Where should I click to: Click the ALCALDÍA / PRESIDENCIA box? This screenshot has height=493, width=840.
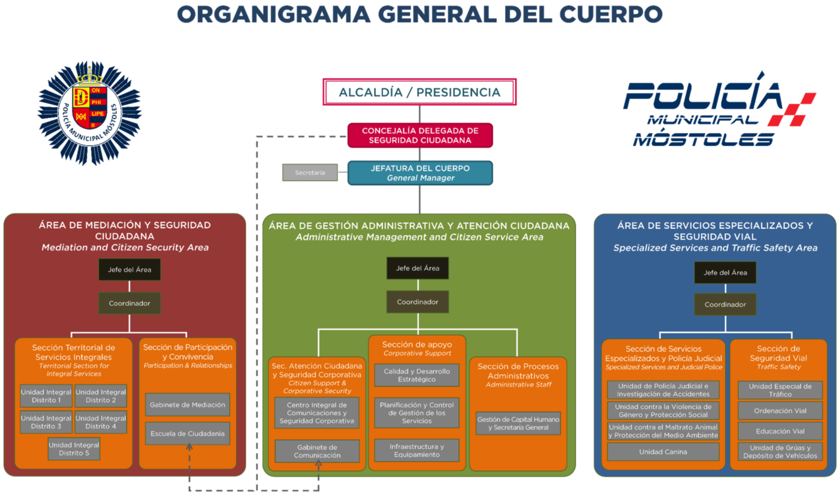pyautogui.click(x=419, y=92)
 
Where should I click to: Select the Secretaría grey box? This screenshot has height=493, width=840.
pyautogui.click(x=310, y=173)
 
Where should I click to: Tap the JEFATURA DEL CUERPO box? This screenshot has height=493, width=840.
pyautogui.click(x=420, y=173)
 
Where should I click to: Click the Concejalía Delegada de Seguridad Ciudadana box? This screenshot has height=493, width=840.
pyautogui.click(x=420, y=135)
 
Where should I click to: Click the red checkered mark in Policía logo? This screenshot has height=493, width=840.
pyautogui.click(x=792, y=110)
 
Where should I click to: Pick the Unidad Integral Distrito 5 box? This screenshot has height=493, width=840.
pyautogui.click(x=74, y=449)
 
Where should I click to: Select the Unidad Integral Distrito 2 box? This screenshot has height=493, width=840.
pyautogui.click(x=101, y=396)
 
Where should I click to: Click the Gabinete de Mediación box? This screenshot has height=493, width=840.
pyautogui.click(x=187, y=405)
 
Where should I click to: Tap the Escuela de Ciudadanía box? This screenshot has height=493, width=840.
pyautogui.click(x=187, y=434)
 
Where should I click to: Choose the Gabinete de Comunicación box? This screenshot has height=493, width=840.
pyautogui.click(x=317, y=451)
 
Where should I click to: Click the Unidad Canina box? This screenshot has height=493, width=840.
pyautogui.click(x=663, y=452)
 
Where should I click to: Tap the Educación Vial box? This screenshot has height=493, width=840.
pyautogui.click(x=780, y=431)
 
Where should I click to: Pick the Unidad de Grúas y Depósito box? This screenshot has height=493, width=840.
pyautogui.click(x=780, y=452)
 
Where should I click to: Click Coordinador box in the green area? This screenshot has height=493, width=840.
pyautogui.click(x=417, y=302)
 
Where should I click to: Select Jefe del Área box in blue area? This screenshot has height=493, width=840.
pyautogui.click(x=725, y=273)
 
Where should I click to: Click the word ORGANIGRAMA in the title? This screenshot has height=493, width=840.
pyautogui.click(x=273, y=15)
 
